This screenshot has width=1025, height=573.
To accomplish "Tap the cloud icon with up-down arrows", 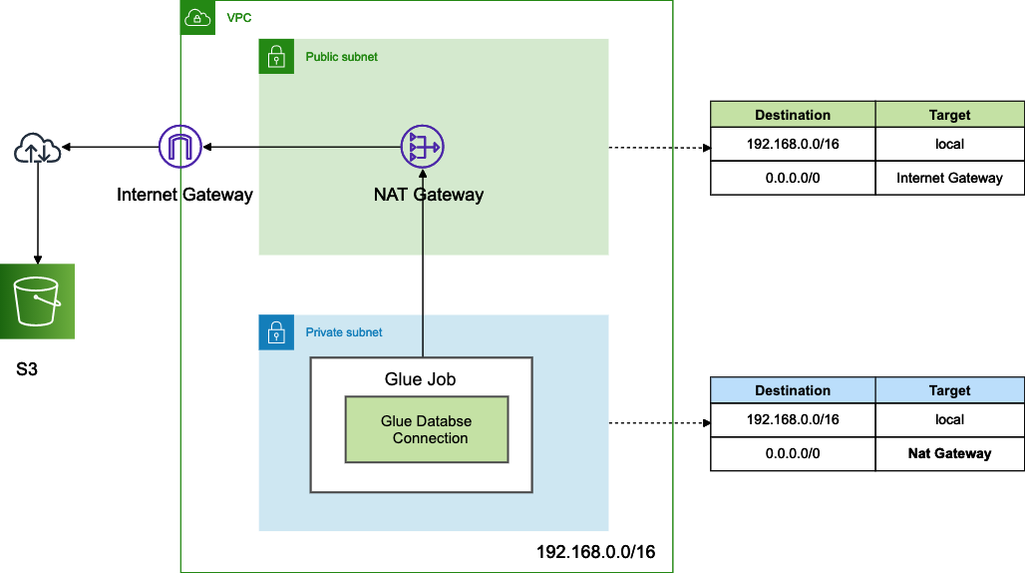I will tap(37, 150).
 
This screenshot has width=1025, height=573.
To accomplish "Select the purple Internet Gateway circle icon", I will tap(180, 148).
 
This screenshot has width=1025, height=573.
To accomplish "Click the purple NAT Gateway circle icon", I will tap(422, 148).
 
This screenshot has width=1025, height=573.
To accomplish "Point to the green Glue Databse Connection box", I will tap(427, 429).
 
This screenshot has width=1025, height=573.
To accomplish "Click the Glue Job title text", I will tap(421, 379).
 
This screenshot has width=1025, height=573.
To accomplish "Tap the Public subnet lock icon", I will tap(276, 57).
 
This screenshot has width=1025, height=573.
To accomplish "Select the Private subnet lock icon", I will tap(276, 332).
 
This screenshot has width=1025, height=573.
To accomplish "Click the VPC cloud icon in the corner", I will tap(197, 18).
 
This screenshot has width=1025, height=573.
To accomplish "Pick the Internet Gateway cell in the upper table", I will tap(949, 178).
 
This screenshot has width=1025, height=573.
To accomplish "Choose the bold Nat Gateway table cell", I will tap(949, 453).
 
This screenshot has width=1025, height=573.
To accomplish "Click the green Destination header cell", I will tap(793, 114).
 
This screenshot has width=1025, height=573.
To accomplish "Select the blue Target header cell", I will tap(949, 390).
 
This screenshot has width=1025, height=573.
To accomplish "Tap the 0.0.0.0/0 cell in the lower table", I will tap(793, 453).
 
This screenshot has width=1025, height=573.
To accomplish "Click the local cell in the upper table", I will tap(949, 144).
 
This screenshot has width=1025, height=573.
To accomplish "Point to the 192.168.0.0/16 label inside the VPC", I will tap(595, 552).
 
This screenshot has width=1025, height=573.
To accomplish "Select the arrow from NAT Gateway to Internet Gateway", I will tap(299, 148).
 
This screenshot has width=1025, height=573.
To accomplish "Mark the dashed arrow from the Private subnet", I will tap(658, 423).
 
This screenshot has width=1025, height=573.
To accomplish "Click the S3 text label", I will tap(27, 370).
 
